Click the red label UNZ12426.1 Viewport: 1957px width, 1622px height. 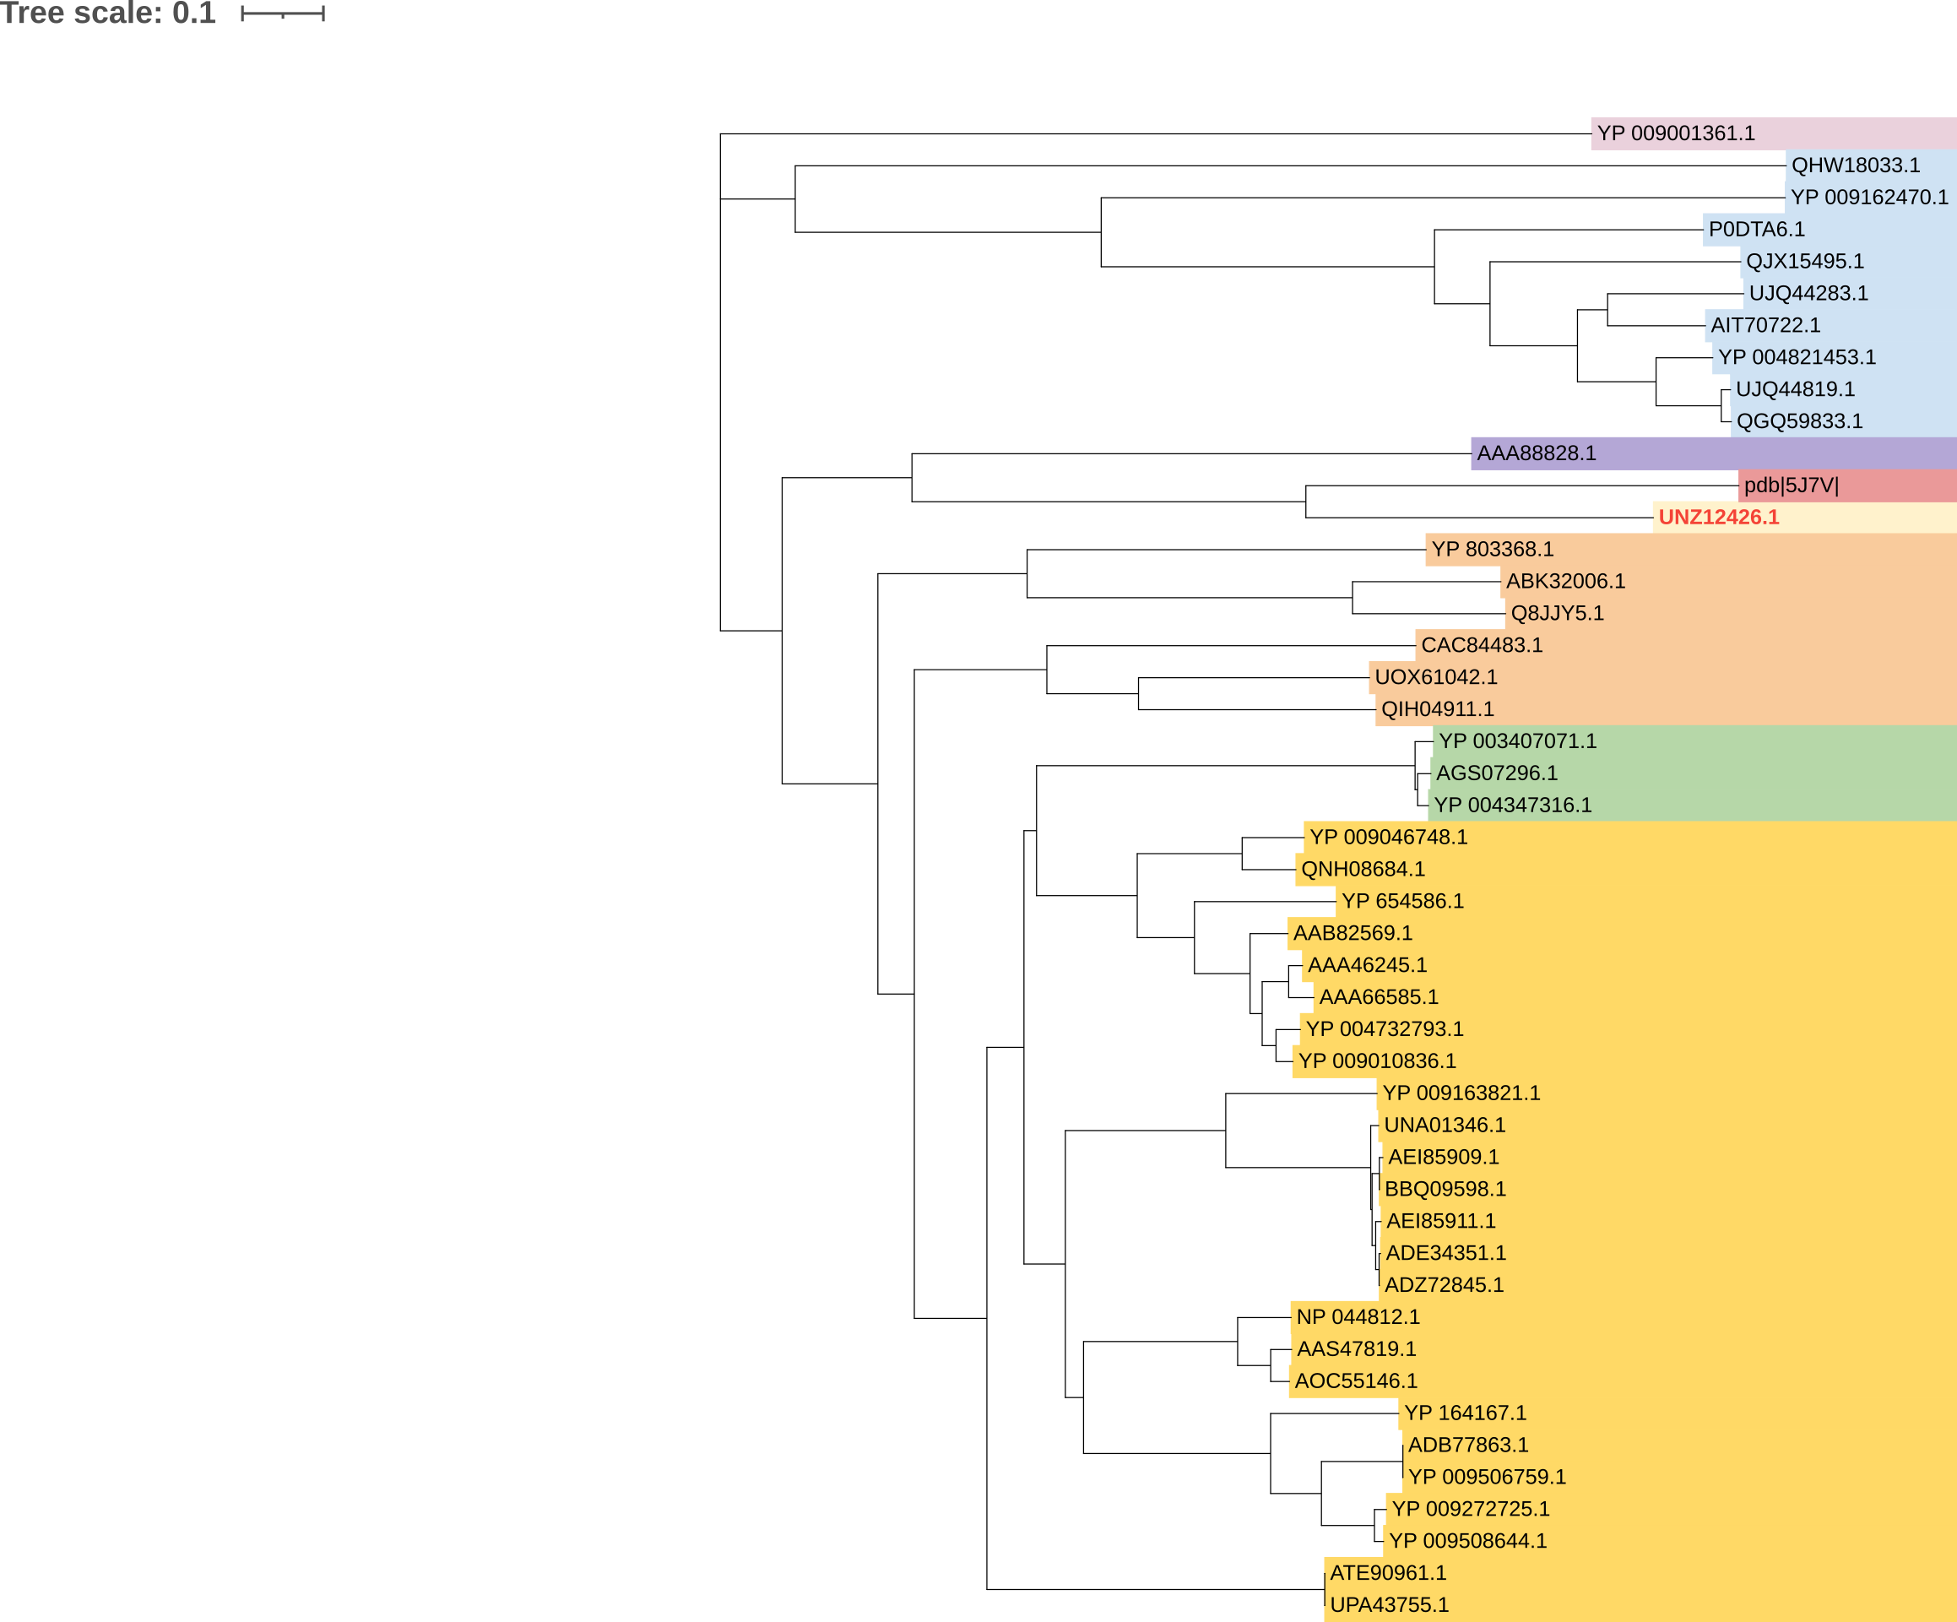coord(1718,518)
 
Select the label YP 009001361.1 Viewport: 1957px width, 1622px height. coord(1676,133)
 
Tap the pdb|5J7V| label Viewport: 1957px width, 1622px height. coord(1792,486)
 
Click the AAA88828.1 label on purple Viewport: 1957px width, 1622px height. coord(1537,453)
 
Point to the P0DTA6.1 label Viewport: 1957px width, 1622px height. coord(1757,230)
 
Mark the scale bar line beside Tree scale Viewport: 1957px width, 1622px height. coord(282,14)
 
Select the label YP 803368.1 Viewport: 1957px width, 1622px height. coord(1492,549)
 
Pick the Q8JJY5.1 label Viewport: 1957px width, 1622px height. coord(1557,613)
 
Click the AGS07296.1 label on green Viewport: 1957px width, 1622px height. coord(1497,773)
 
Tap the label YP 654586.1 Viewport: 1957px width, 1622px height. coord(1402,902)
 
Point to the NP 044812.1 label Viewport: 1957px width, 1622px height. coord(1358,1317)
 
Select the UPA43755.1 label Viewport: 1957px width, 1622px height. coord(1389,1605)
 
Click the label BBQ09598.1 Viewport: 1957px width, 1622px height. coord(1445,1190)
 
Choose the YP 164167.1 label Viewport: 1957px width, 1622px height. coord(1465,1413)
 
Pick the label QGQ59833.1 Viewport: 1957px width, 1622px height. coord(1799,421)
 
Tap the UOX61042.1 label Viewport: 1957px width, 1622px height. coord(1436,678)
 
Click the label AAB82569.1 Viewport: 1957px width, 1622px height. coord(1353,933)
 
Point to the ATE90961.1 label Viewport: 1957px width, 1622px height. coord(1388,1572)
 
